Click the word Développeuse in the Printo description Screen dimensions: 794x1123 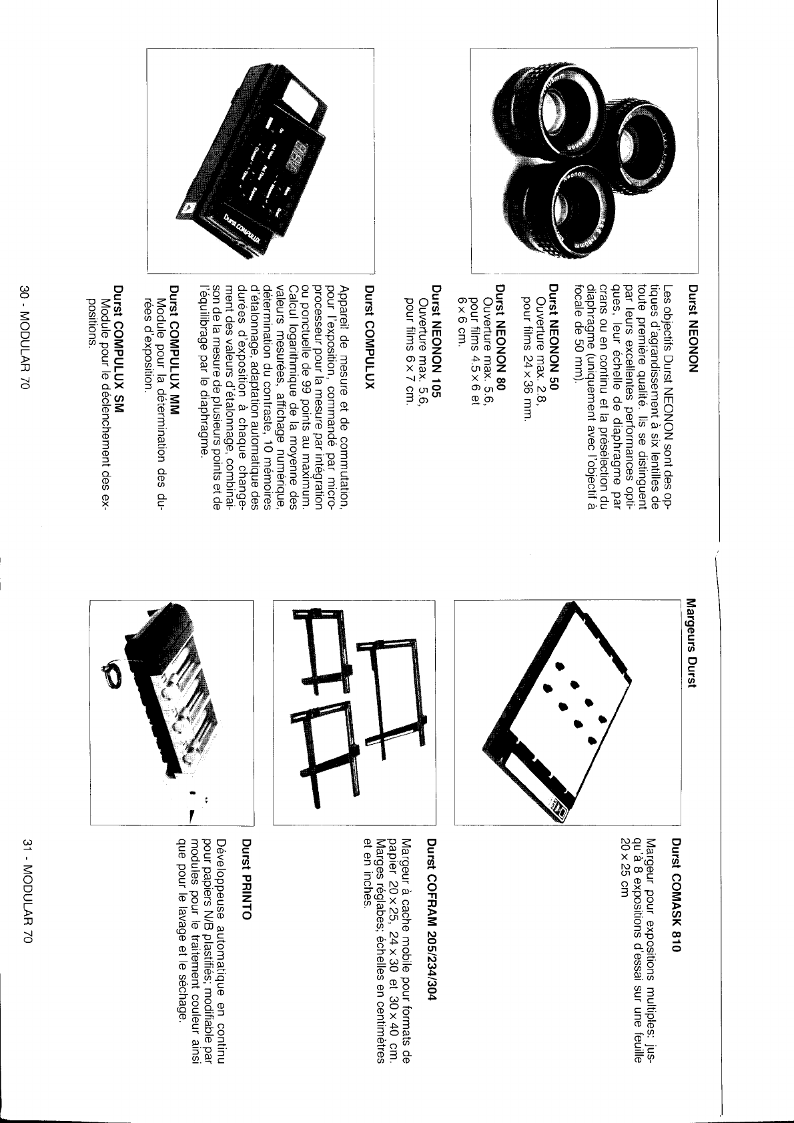(230, 871)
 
